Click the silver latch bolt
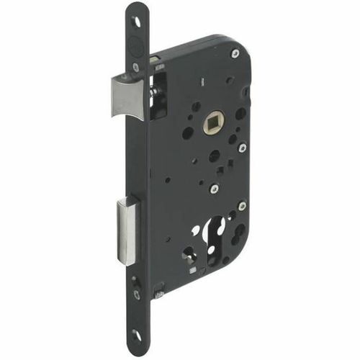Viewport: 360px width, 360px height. pyautogui.click(x=128, y=96)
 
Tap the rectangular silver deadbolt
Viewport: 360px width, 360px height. pyautogui.click(x=127, y=230)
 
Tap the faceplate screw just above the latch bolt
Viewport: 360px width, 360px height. pyautogui.click(x=135, y=67)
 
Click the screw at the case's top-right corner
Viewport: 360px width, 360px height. pyautogui.click(x=235, y=53)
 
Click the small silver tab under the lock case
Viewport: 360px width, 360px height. pyautogui.click(x=158, y=294)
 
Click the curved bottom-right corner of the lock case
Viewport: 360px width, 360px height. pyautogui.click(x=241, y=252)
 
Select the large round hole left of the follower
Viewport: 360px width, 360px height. pyautogui.click(x=188, y=133)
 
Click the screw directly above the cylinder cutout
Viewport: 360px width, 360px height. pyautogui.click(x=214, y=189)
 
